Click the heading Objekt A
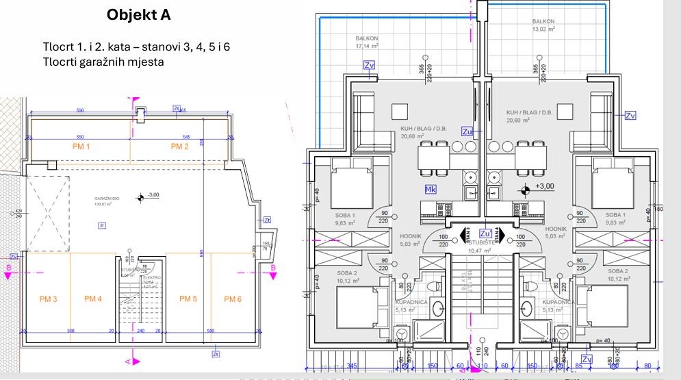(x=139, y=15)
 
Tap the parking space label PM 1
(x=83, y=147)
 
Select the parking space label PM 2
(x=179, y=147)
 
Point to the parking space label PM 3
(x=47, y=299)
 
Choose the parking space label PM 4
(x=93, y=299)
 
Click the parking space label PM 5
(x=188, y=299)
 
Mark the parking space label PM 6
(x=233, y=299)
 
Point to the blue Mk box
(x=431, y=189)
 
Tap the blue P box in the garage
(x=102, y=225)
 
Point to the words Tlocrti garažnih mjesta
(x=103, y=62)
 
